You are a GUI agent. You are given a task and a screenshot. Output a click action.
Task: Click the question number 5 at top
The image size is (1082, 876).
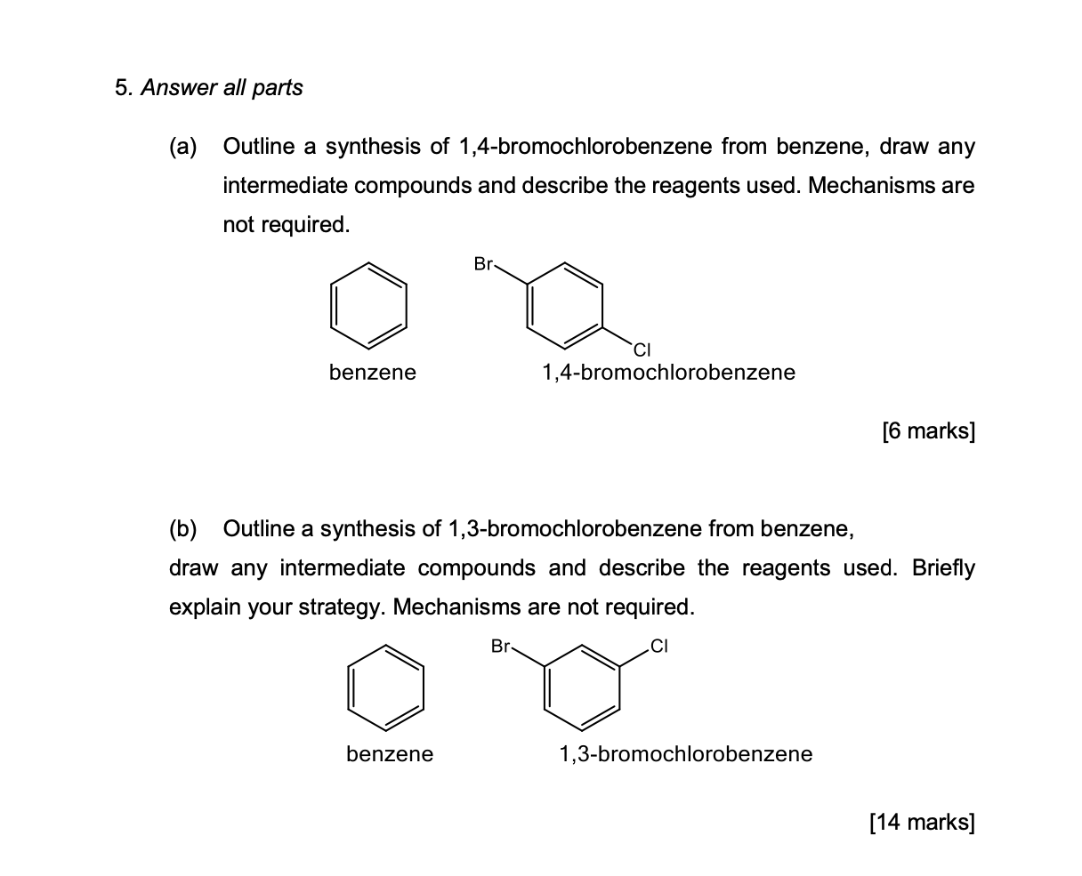tap(122, 88)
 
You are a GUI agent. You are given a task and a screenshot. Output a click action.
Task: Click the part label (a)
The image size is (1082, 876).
tap(184, 147)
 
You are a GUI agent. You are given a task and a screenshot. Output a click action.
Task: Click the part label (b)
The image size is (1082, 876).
tap(184, 529)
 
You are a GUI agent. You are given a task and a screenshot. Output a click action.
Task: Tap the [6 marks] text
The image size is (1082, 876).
tap(928, 432)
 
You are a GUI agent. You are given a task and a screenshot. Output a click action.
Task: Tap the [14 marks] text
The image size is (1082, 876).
tap(922, 823)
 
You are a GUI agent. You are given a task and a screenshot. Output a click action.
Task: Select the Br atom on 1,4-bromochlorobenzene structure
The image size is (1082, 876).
tap(484, 263)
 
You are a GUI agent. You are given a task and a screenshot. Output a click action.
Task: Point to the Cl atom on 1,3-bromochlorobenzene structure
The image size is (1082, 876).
tap(658, 647)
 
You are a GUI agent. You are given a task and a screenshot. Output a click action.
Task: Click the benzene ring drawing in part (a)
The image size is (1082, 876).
tap(369, 305)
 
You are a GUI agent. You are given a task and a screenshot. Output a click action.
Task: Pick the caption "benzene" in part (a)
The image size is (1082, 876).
tap(372, 373)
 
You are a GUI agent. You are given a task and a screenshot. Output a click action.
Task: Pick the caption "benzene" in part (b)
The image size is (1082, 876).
tap(390, 755)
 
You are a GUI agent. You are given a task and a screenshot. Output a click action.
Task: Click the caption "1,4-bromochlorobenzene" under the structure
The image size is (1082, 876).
tap(668, 373)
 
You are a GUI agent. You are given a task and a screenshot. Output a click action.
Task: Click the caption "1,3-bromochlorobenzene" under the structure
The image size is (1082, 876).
tap(685, 755)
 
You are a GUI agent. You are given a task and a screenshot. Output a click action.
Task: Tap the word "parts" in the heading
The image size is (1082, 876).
tap(278, 88)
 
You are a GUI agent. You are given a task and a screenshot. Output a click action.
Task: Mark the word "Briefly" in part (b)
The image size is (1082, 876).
tap(943, 568)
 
